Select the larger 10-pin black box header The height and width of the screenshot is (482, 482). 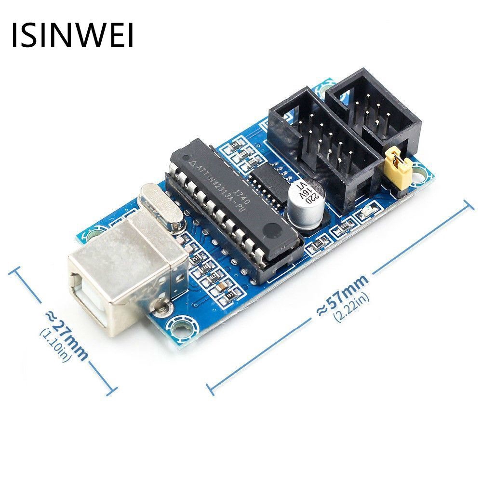(x=318, y=145)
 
